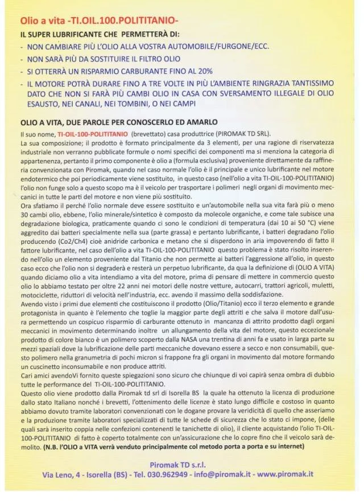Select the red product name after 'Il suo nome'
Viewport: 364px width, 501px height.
pos(92,134)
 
